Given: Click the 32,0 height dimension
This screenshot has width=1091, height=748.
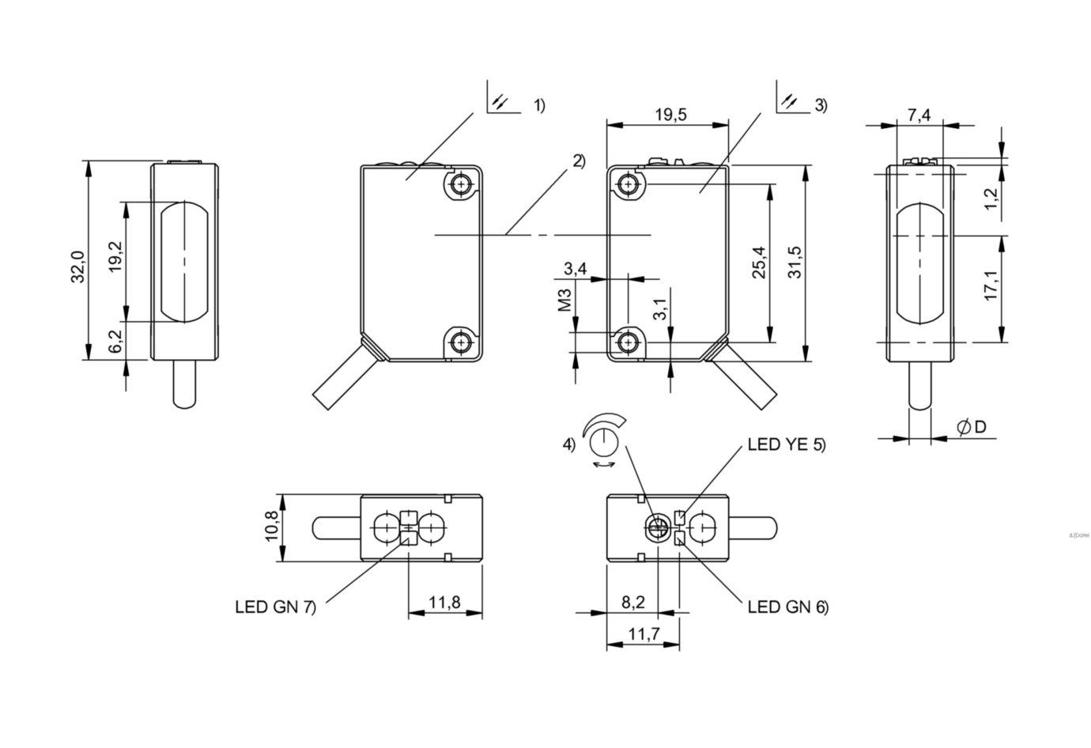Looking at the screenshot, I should point(77,266).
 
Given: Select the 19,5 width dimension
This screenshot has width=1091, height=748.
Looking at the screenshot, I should point(670,115).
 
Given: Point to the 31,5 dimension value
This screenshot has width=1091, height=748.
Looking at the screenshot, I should point(795,262).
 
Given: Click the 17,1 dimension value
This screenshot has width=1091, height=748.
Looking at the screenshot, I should point(991,286).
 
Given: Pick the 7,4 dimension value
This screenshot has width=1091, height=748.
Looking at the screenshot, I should point(919,115).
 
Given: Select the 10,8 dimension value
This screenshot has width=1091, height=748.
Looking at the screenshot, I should point(271,527).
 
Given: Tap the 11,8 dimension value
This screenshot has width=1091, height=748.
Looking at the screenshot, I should point(444,603).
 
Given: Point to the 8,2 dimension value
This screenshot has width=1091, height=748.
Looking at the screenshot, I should point(632,603).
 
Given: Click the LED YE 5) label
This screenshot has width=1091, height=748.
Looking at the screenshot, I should point(786,444).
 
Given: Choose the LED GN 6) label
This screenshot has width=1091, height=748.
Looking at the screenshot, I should point(787,607).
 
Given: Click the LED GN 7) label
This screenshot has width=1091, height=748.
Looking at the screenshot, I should point(275,607).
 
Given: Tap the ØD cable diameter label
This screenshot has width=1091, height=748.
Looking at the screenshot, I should point(972,427).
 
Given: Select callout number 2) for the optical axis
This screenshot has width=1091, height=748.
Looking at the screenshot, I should point(579,161).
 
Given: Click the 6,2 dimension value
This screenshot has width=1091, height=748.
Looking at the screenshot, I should point(115,341).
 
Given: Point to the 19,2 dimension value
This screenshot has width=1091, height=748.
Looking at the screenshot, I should point(115,257).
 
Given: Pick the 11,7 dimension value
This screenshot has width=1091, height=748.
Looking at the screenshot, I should point(642,633).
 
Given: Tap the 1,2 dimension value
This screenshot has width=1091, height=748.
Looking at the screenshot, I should point(991,198).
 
